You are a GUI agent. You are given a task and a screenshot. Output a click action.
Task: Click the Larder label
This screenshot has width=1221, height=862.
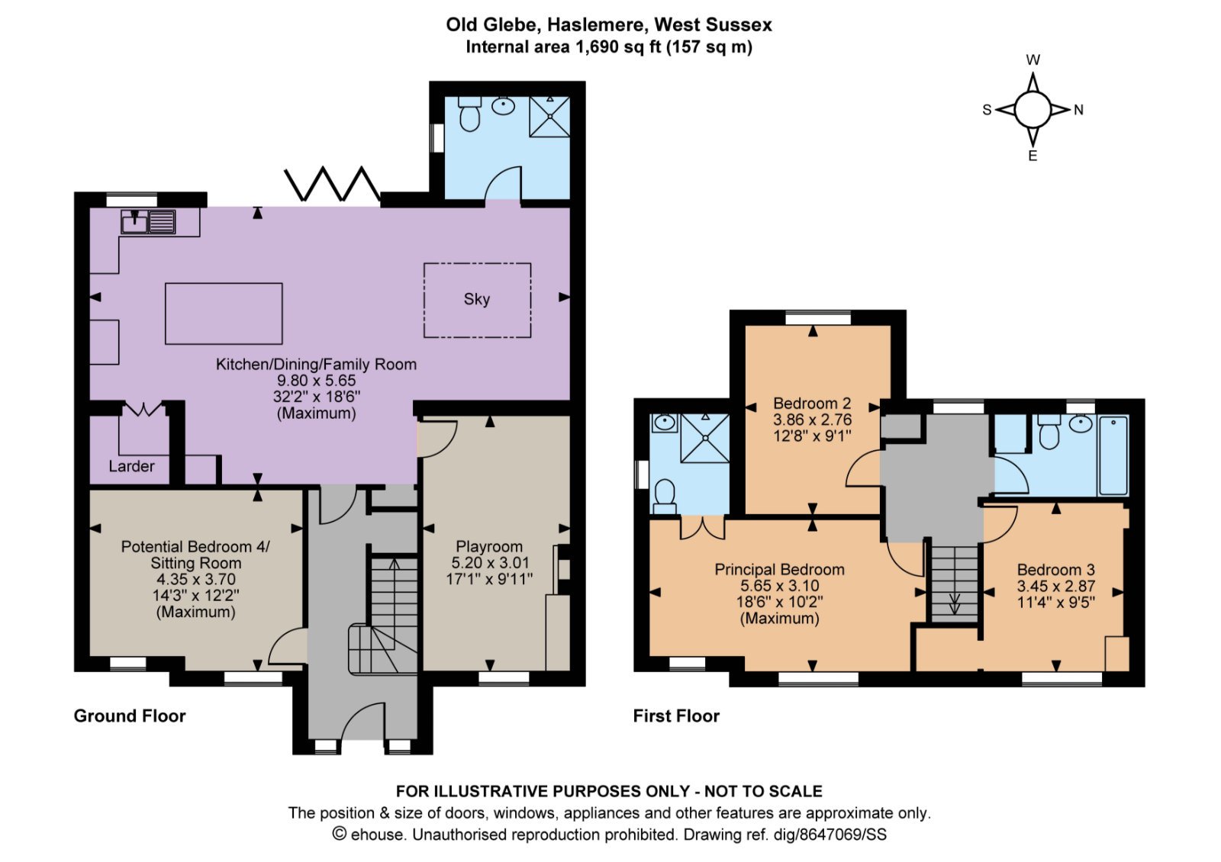pos(131,466)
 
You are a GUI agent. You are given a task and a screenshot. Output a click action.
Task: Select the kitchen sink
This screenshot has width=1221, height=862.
pos(148,222)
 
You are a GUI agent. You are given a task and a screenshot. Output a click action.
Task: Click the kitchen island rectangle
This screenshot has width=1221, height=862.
pos(224,314)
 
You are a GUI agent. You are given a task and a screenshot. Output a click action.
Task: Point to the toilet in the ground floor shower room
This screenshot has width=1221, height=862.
pos(469,114)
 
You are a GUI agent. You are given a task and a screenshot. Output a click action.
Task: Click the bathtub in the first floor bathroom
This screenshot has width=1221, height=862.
pos(1113,455)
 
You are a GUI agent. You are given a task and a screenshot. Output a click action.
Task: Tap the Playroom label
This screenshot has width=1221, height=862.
pos(489,546)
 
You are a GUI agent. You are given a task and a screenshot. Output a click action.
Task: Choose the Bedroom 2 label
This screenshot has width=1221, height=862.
pos(812,404)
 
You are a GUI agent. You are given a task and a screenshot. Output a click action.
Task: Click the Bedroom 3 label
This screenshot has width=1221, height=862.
pos(1056,569)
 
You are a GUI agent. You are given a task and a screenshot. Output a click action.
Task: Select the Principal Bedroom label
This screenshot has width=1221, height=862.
pos(779,569)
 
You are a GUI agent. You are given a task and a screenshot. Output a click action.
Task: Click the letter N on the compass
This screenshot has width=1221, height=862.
pos(1078,110)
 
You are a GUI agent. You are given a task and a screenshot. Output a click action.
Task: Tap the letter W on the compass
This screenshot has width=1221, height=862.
pos(1033,60)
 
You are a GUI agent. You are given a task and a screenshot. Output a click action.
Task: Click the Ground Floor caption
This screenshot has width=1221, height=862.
pos(130,716)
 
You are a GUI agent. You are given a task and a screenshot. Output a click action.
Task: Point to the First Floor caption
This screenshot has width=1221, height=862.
pos(676,716)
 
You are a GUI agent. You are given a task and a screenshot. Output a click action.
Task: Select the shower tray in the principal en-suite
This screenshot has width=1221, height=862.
pos(705,438)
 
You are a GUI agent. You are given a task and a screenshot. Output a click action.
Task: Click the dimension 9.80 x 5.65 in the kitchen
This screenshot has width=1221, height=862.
pos(316,381)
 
